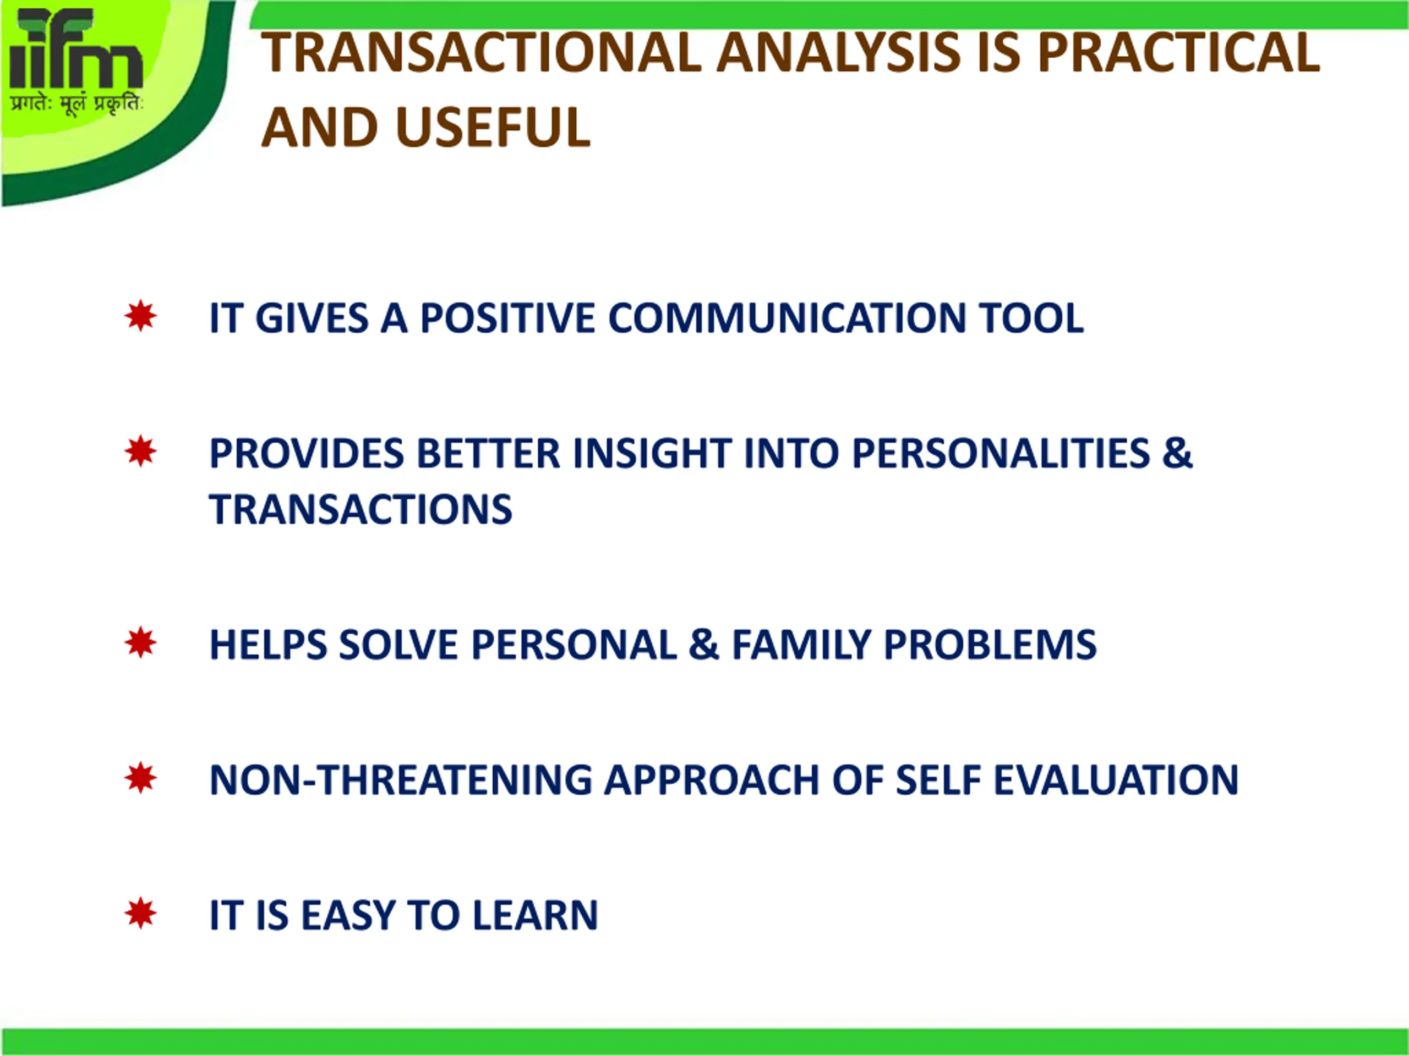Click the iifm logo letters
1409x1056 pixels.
(76, 48)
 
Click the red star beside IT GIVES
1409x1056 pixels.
(140, 316)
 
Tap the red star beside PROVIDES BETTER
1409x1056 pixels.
(140, 452)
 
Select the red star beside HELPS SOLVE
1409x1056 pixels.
(140, 642)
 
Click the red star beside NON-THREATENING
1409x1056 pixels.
(140, 778)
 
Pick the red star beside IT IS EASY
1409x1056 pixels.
(140, 914)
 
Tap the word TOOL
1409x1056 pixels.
(1031, 318)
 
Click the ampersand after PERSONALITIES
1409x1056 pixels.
(1177, 453)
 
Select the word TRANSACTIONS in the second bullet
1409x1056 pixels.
(361, 509)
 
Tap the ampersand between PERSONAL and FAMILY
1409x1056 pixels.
(703, 645)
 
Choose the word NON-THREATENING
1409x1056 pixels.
(401, 780)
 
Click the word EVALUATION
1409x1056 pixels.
(1116, 780)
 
